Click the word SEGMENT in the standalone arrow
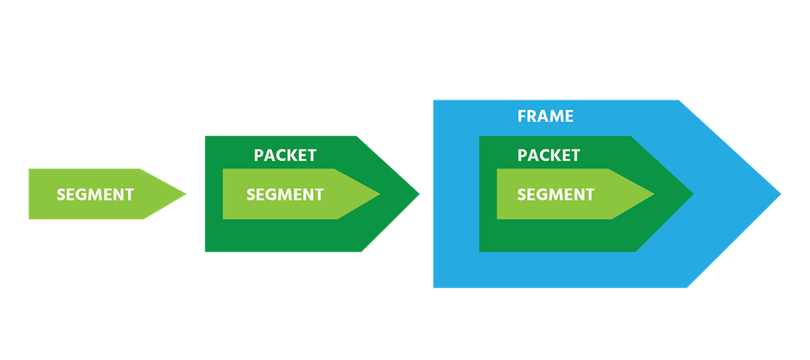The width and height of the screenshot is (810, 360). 95,195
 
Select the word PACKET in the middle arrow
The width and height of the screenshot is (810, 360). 285,155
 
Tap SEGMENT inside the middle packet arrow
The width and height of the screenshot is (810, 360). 285,195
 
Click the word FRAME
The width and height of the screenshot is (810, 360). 546,116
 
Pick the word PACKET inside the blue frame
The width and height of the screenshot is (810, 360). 549,155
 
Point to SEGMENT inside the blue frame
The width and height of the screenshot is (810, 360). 556,195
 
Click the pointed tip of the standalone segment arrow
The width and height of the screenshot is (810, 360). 186,194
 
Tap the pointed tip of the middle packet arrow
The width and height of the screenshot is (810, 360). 419,194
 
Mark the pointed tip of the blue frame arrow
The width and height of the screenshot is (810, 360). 781,194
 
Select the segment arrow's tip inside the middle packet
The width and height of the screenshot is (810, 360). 380,194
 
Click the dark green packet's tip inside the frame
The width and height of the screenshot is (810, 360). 693,194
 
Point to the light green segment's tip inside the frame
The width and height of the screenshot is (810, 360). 654,194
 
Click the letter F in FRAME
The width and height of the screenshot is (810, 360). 522,116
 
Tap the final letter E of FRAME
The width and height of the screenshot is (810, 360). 570,116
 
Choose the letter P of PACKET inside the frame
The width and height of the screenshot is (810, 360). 522,155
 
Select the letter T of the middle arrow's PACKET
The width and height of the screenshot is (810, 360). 312,155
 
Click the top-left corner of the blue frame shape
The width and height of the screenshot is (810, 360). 433,100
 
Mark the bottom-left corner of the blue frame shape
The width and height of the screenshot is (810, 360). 433,288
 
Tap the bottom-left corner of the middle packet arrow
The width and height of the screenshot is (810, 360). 205,252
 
